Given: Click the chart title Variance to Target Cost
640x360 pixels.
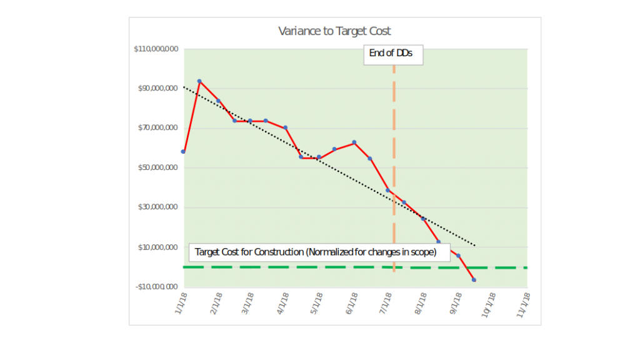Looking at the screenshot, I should [334, 31].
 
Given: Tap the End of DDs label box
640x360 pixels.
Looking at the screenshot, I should [391, 54].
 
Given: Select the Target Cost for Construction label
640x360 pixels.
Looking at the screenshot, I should [319, 252].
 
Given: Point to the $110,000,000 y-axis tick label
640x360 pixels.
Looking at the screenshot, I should [156, 49].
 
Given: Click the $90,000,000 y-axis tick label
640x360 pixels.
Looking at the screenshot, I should [158, 89].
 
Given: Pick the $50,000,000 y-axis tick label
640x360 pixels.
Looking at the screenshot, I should [158, 168].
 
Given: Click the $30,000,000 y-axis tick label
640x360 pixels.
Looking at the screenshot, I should [158, 207].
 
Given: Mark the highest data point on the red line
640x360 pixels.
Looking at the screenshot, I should [199, 81].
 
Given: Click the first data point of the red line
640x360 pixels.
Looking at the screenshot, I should [183, 151].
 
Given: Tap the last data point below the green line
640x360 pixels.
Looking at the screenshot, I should [474, 279].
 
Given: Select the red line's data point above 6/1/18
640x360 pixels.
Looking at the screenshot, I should [354, 142].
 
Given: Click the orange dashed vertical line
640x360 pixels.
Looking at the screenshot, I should [394, 156].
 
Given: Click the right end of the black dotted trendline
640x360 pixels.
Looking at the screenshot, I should [476, 245].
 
